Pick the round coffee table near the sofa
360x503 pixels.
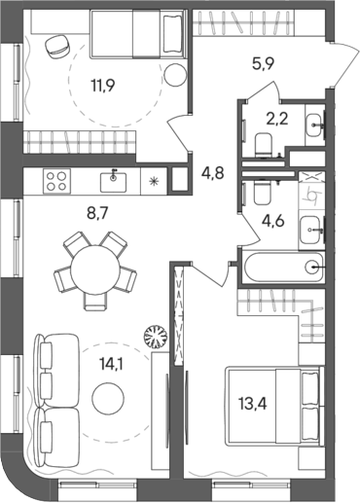[108, 396]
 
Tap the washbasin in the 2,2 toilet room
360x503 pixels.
[314, 125]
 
